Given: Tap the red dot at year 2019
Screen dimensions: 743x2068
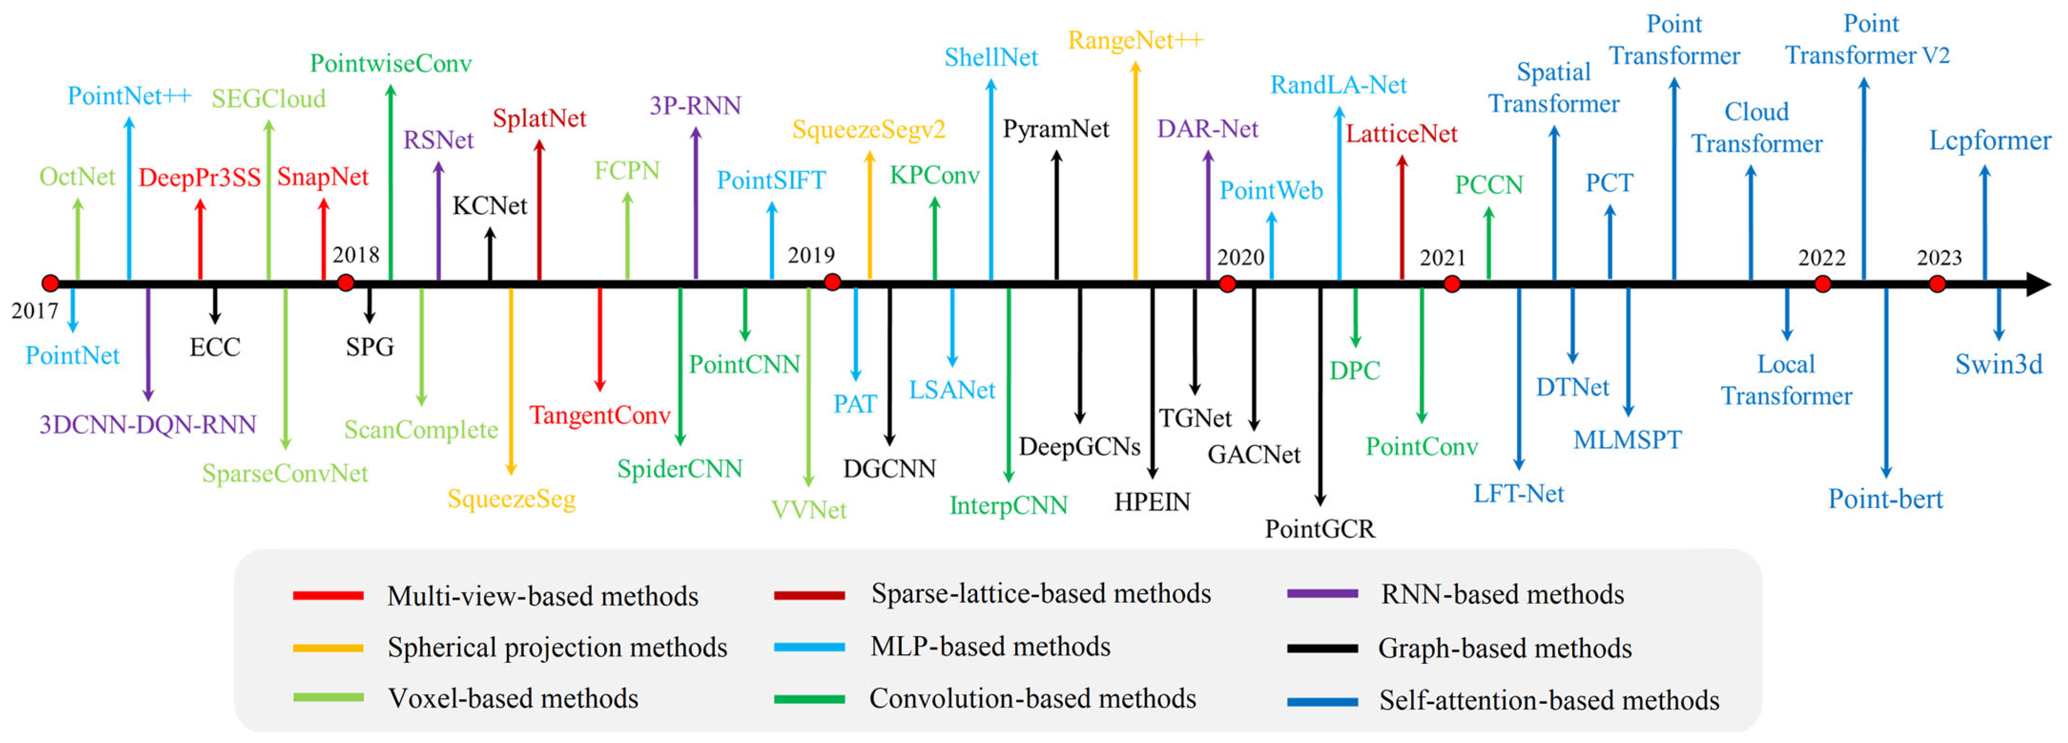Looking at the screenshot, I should pos(832,282).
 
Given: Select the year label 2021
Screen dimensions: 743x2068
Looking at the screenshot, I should pos(1443,257).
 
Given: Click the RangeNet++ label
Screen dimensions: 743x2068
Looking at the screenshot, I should pos(1135,40).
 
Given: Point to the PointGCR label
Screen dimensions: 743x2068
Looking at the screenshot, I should pos(1320,529).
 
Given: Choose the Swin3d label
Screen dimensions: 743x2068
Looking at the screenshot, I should pos(1998,365).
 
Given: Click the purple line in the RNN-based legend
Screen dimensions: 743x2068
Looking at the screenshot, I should pos(1322,595).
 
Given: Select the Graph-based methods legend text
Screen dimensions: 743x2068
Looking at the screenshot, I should pos(1504,648).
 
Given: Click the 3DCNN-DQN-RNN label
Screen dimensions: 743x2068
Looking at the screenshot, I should pos(147,424).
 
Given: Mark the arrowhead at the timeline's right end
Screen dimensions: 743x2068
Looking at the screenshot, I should pos(2039,284).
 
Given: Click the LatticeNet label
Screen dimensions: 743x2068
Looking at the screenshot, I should pos(1401,134).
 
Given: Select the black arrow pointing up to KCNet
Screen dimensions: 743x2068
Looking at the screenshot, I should pos(490,253).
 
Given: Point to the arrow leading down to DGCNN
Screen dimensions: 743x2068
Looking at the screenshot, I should pos(890,365).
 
